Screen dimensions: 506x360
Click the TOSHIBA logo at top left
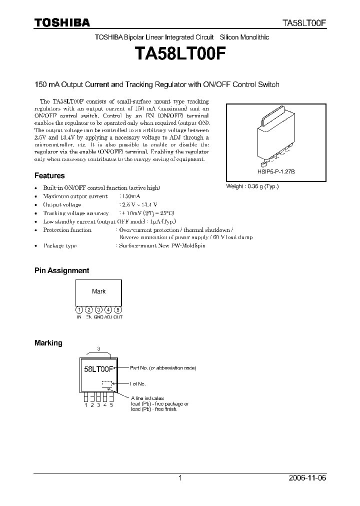pyautogui.click(x=62, y=22)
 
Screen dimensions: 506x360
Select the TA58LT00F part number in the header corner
pyautogui.click(x=305, y=23)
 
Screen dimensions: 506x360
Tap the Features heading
pyautogui.click(x=49, y=175)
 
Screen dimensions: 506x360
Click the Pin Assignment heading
pyautogui.click(x=61, y=270)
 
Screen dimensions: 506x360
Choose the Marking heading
pyautogui.click(x=48, y=343)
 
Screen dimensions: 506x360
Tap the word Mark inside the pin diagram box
pyautogui.click(x=99, y=291)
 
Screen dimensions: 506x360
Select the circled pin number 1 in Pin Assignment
pyautogui.click(x=79, y=309)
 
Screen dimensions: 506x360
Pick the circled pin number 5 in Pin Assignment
pyautogui.click(x=117, y=309)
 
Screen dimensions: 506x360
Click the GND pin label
pyautogui.click(x=98, y=317)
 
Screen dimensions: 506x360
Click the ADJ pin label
pyautogui.click(x=108, y=317)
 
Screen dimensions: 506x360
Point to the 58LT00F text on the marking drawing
pyautogui.click(x=98, y=370)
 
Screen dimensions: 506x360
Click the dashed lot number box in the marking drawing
pyautogui.click(x=107, y=384)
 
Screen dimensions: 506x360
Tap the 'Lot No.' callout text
pyautogui.click(x=138, y=384)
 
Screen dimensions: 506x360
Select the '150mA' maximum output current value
pyautogui.click(x=129, y=196)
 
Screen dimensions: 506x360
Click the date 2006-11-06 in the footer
pyautogui.click(x=308, y=478)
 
